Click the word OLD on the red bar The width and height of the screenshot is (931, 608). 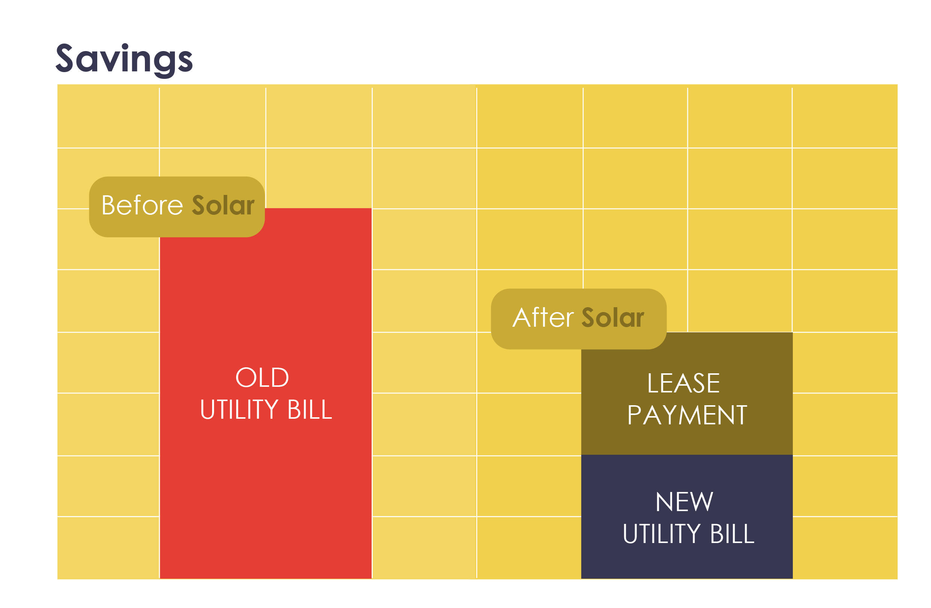(x=262, y=377)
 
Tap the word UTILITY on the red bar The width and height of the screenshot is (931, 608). (x=240, y=410)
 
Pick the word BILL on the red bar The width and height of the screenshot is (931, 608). (x=310, y=410)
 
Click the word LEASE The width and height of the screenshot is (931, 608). (x=684, y=383)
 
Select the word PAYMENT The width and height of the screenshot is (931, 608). (x=687, y=415)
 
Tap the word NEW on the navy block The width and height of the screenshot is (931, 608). (x=685, y=502)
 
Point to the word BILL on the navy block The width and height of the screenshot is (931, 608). (x=732, y=534)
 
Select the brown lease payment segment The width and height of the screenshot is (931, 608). (x=687, y=394)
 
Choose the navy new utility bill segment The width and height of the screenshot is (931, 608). (x=687, y=516)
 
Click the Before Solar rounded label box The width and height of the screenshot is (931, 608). (x=177, y=207)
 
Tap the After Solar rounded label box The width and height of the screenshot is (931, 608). (x=579, y=319)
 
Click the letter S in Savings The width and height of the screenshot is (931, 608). (x=65, y=58)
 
